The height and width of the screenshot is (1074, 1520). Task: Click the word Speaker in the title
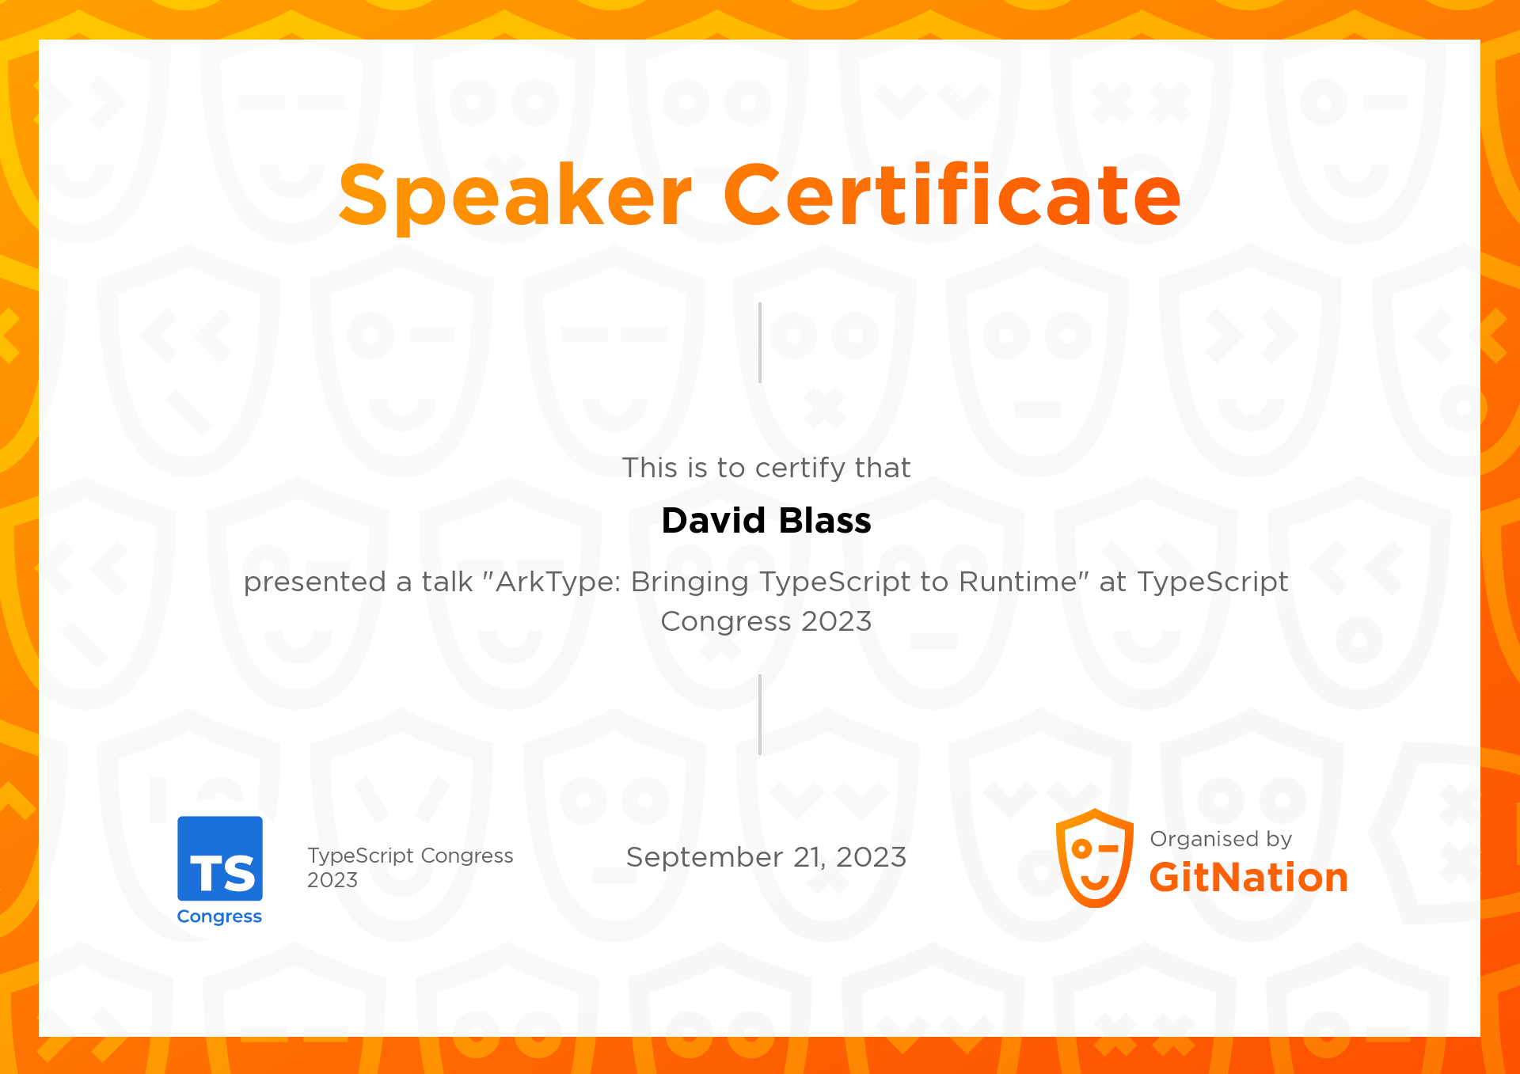(x=515, y=195)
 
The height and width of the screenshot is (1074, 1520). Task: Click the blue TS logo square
(x=220, y=859)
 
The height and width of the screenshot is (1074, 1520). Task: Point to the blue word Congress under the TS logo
(x=219, y=917)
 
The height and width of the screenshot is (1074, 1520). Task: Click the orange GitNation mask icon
(x=1095, y=859)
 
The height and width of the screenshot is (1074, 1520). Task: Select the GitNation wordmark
(x=1248, y=878)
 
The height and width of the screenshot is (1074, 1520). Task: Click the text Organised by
(x=1220, y=839)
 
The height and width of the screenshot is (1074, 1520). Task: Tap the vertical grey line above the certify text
(x=760, y=343)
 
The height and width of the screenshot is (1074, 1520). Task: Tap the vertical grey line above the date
(x=760, y=715)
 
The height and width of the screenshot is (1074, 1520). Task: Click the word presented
(x=314, y=583)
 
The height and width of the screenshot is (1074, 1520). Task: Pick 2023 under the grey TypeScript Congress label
(x=332, y=880)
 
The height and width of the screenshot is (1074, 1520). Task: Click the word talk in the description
(x=447, y=582)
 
